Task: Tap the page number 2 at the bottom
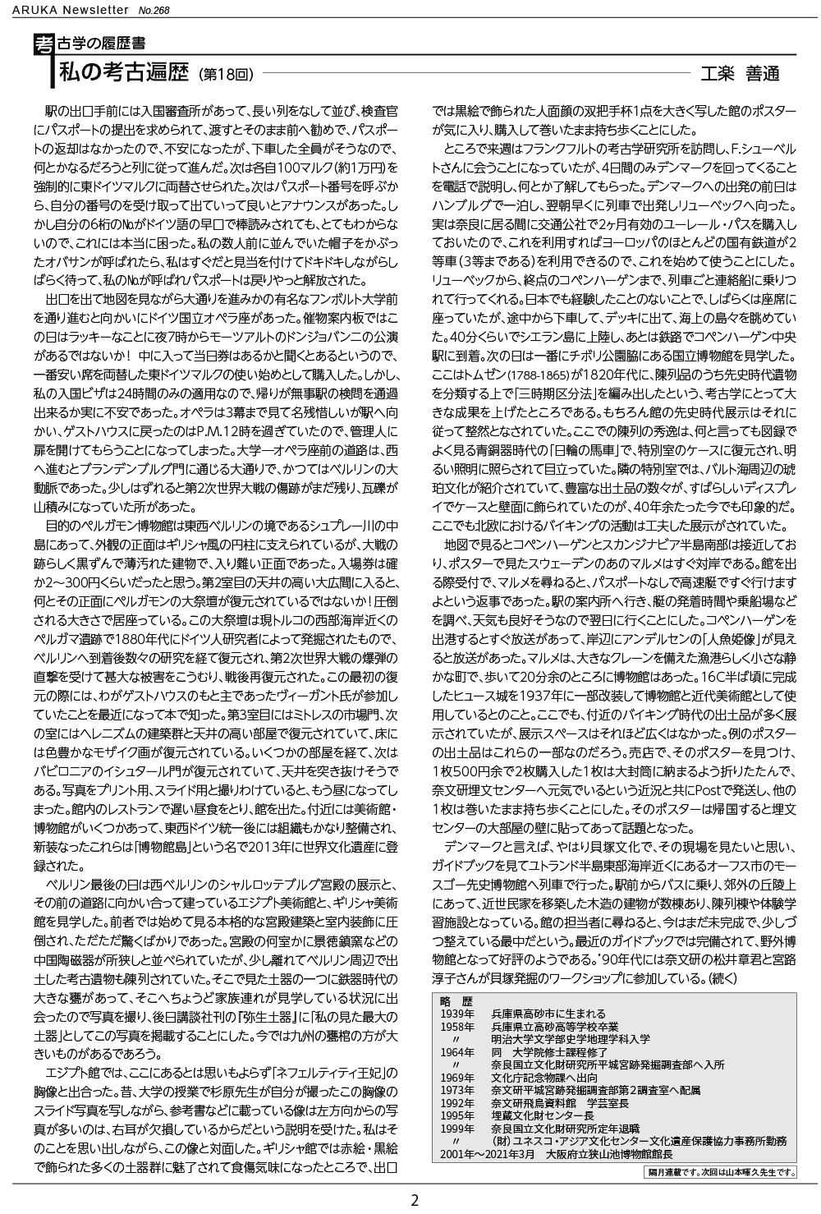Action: (x=415, y=1199)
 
